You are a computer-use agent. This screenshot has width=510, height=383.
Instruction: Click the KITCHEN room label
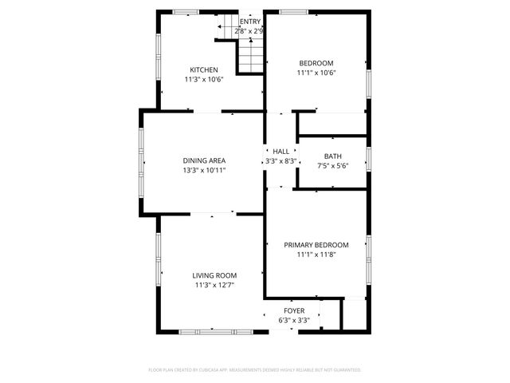pyautogui.click(x=203, y=69)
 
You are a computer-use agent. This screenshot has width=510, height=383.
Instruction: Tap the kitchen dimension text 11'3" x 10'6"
pyautogui.click(x=203, y=80)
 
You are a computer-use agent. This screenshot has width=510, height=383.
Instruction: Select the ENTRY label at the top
pyautogui.click(x=250, y=22)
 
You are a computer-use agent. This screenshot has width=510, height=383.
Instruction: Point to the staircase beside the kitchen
pyautogui.click(x=250, y=54)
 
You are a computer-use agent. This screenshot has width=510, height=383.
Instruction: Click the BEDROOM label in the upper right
pyautogui.click(x=316, y=63)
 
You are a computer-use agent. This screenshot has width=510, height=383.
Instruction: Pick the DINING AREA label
pyautogui.click(x=204, y=160)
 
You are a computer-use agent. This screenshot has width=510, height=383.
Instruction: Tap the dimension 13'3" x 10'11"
pyautogui.click(x=204, y=171)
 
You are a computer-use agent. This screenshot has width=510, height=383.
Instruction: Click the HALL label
pyautogui.click(x=280, y=152)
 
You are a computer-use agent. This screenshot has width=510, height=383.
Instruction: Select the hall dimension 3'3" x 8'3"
pyautogui.click(x=280, y=162)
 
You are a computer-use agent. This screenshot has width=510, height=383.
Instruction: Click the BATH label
pyautogui.click(x=332, y=156)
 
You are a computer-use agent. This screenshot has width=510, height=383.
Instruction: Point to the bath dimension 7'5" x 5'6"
pyautogui.click(x=332, y=166)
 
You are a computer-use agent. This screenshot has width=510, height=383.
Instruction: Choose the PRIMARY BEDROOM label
pyautogui.click(x=316, y=245)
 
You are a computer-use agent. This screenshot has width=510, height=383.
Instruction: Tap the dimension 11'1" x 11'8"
pyautogui.click(x=316, y=255)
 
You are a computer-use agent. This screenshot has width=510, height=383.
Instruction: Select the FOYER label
pyautogui.click(x=294, y=310)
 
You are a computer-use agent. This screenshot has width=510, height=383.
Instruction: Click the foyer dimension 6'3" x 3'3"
pyautogui.click(x=294, y=321)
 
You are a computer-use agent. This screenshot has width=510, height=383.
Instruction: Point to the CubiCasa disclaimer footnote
pyautogui.click(x=255, y=370)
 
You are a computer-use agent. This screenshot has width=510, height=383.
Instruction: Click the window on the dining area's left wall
pyautogui.click(x=142, y=163)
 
